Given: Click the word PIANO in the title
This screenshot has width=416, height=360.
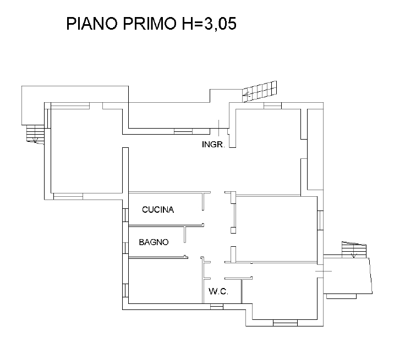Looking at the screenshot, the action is [x=91, y=23].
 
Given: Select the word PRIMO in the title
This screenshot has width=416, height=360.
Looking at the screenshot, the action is [x=150, y=23].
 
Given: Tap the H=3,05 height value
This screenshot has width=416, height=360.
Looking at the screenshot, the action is [x=209, y=24].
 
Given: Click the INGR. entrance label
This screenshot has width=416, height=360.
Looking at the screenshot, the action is [x=214, y=145].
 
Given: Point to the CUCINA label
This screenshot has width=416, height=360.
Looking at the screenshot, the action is [x=158, y=209].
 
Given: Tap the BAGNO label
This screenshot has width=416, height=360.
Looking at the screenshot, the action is [x=154, y=242].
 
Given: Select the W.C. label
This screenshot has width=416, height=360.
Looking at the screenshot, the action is [x=218, y=291].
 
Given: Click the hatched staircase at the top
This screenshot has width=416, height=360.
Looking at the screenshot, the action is [x=260, y=91].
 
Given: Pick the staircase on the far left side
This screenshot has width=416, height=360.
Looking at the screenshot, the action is [x=35, y=134].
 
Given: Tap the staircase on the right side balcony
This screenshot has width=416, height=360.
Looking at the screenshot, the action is [x=354, y=250].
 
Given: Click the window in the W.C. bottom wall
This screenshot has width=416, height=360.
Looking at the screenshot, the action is [x=217, y=307].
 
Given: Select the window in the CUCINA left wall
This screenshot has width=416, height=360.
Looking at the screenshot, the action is [x=125, y=215].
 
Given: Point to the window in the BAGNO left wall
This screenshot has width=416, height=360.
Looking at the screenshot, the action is [x=125, y=247].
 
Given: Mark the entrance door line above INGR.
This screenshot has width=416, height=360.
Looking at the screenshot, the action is [x=219, y=128].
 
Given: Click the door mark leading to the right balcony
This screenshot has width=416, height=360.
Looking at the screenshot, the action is [x=324, y=271].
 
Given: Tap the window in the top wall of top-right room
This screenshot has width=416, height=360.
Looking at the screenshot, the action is [x=273, y=106].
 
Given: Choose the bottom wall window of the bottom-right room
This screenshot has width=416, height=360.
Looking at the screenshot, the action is [x=285, y=323].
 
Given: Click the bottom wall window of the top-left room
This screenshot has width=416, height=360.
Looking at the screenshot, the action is [x=68, y=196].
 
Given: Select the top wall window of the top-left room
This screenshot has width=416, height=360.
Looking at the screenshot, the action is [x=70, y=106].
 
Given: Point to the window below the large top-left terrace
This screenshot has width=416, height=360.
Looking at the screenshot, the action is [x=183, y=131].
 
